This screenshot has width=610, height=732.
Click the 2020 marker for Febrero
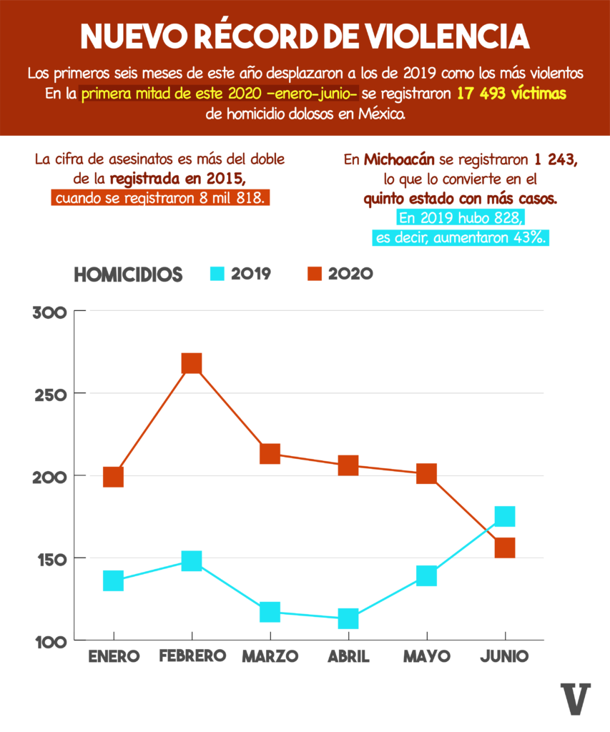pos(191,364)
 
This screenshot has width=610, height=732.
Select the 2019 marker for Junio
pos(505,516)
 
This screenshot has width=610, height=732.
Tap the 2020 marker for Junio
pos(505,548)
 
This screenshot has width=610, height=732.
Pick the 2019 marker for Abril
pos(348,618)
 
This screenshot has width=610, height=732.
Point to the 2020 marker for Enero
pos(113,477)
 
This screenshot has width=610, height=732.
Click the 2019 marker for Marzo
pos(270,612)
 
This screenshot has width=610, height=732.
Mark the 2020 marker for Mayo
pos(426,473)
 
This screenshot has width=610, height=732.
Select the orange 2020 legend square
pos(315,274)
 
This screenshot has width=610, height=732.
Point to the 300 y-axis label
pos(50,312)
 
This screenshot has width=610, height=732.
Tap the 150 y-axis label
pos(50,558)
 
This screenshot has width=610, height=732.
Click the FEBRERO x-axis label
pos(191,656)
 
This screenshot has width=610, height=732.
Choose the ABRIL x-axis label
pos(348,656)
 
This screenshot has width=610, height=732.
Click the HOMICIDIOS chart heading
pos(128,274)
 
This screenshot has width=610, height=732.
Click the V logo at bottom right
pos(576,699)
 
